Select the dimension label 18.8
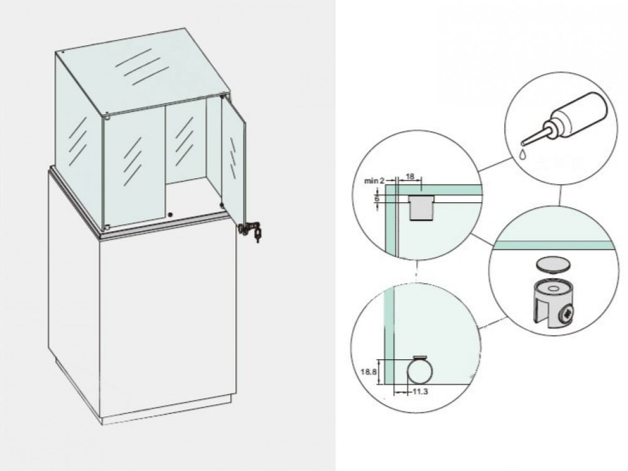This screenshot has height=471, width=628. [369, 371]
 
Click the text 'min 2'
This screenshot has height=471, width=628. [373, 181]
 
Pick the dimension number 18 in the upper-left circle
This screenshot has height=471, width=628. [409, 178]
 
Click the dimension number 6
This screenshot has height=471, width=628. [376, 198]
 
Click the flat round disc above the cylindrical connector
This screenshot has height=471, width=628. [554, 264]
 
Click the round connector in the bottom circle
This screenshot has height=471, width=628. [418, 371]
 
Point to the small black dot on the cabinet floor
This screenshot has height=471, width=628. [170, 214]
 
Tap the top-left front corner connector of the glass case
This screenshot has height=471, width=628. [108, 116]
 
